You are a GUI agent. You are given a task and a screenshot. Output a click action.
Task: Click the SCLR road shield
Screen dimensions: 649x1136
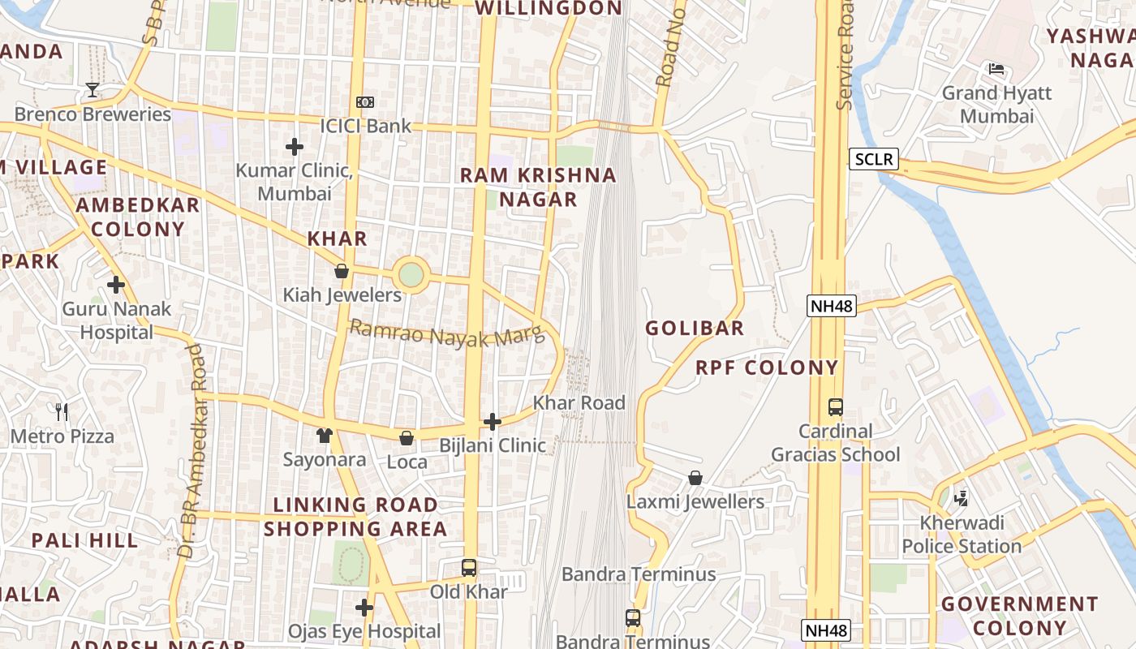[x=874, y=159]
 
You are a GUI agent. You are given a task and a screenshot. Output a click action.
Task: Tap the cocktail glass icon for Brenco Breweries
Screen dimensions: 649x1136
[x=93, y=89]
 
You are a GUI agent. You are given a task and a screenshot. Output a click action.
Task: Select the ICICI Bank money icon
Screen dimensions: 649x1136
[x=365, y=102]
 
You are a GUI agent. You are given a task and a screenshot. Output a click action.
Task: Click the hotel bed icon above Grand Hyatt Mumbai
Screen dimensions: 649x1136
[x=996, y=69]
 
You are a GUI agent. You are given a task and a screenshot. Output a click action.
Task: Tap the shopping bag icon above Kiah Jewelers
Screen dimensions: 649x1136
[x=342, y=271]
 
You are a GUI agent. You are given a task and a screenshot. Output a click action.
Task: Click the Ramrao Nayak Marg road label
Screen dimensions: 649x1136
[x=446, y=333]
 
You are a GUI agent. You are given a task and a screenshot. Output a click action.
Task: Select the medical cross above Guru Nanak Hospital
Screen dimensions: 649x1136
[x=116, y=285]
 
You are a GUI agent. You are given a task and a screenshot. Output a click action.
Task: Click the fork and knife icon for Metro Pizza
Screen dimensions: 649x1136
[x=62, y=411]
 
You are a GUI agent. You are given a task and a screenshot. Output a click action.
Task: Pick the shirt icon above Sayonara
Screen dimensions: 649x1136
[x=325, y=436]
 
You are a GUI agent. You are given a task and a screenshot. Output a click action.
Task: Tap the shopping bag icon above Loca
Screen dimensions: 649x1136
[x=407, y=438]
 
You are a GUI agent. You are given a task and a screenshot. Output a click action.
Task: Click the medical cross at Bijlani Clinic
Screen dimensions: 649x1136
[x=493, y=422]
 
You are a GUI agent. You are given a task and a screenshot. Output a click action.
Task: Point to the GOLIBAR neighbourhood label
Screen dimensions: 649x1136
[x=695, y=329]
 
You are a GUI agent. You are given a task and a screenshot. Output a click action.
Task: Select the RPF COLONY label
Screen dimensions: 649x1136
[x=767, y=367]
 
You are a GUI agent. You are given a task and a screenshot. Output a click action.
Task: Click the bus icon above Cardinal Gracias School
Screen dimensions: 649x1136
[x=835, y=407]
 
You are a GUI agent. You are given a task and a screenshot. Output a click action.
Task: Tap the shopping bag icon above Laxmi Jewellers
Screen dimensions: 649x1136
[x=695, y=478]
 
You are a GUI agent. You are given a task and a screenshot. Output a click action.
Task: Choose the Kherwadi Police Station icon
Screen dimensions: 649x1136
[x=962, y=497]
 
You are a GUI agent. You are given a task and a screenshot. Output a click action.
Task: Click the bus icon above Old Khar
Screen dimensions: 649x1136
[x=469, y=568]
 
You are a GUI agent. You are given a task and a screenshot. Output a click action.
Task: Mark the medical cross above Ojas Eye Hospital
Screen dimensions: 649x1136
[x=364, y=607]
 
